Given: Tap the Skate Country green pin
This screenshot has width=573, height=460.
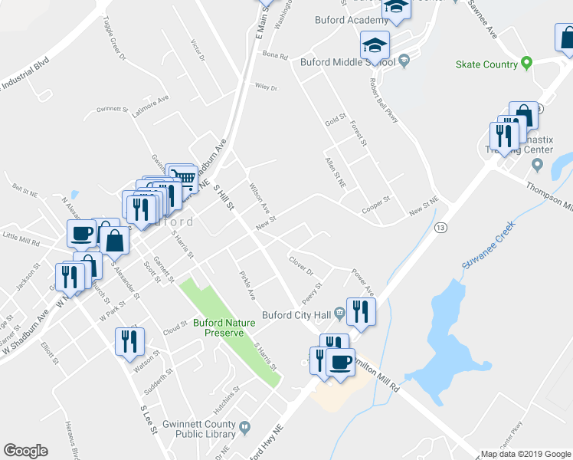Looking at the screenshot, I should [x=526, y=63].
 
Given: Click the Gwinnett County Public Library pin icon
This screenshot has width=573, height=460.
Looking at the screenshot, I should [x=245, y=427].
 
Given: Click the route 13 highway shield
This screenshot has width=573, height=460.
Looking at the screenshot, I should [x=440, y=228].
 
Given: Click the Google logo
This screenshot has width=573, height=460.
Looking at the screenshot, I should [x=25, y=451].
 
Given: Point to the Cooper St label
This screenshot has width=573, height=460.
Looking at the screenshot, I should [x=376, y=206].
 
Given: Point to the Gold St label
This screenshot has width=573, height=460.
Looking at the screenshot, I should [x=335, y=120].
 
